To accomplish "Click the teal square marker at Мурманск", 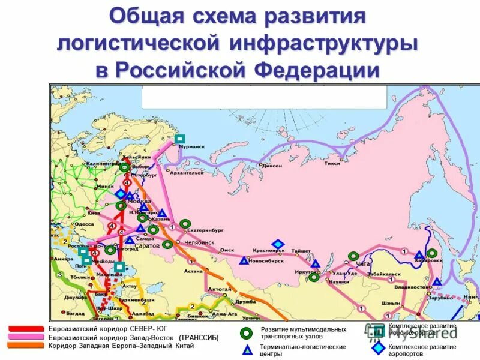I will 179,139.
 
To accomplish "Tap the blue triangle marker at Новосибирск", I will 243,260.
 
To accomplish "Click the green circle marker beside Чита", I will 353,257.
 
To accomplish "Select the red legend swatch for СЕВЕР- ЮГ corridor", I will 26,329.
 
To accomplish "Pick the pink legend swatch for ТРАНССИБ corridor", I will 26,337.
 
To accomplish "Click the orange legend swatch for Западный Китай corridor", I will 26,346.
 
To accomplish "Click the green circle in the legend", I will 245,333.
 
